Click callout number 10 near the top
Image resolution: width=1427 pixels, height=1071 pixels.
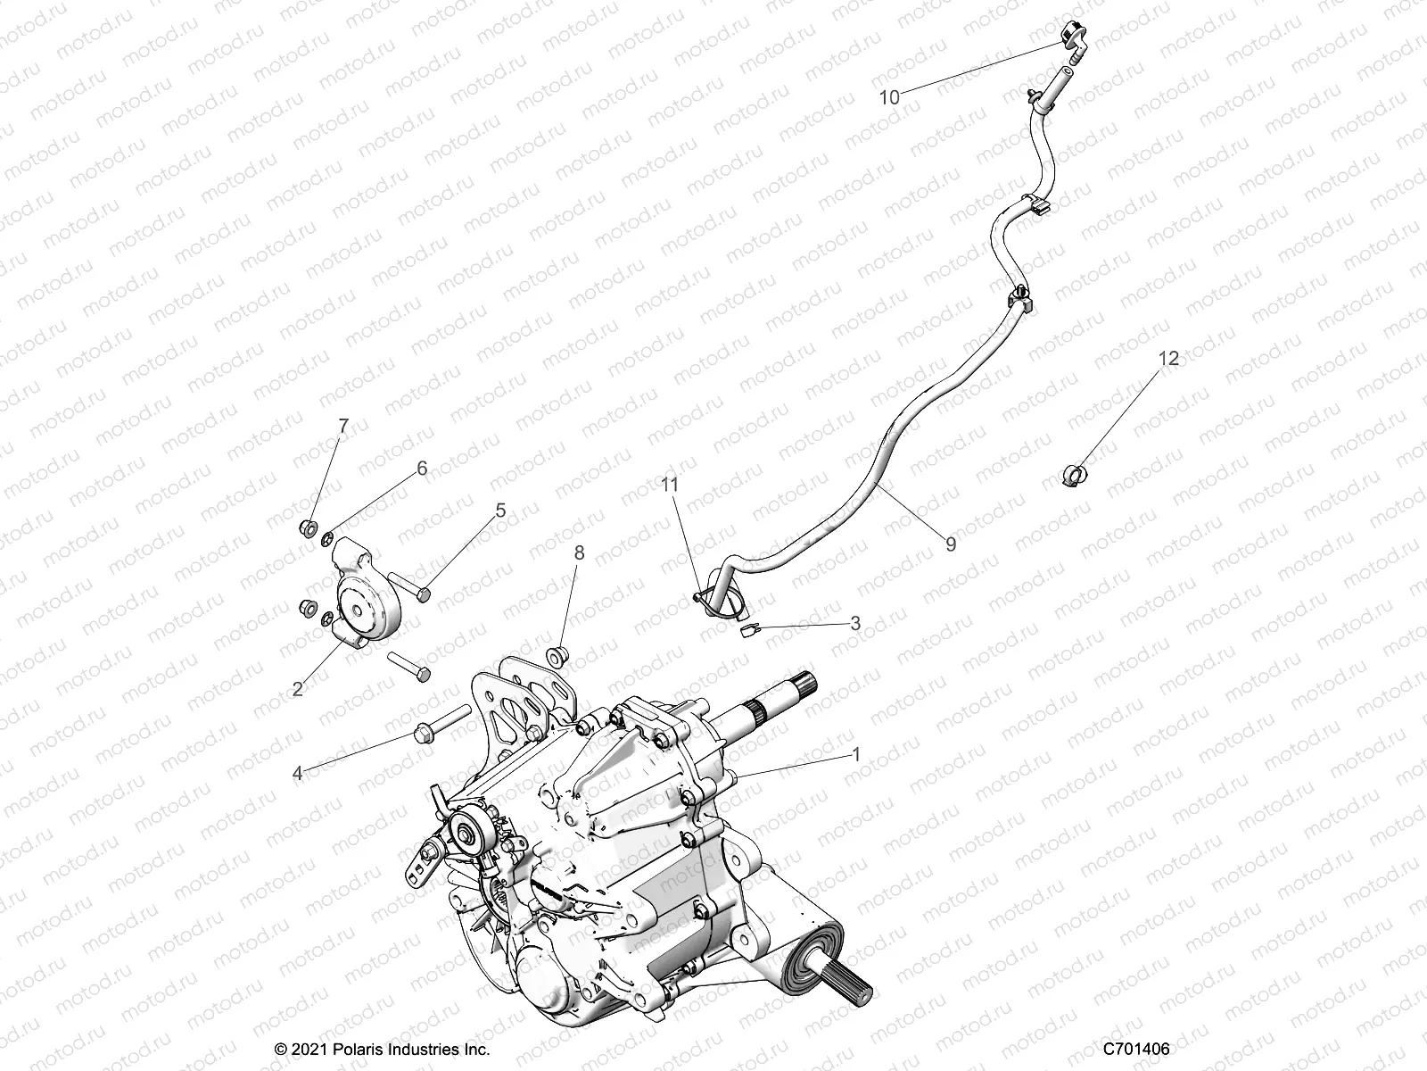pos(890,97)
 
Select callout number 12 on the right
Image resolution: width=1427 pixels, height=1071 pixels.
pos(1168,359)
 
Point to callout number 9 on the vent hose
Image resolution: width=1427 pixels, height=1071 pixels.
pos(951,543)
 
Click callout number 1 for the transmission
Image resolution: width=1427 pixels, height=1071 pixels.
pos(856,754)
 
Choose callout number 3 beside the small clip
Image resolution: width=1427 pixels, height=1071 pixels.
pos(855,623)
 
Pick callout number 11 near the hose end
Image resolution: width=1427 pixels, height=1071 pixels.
pos(670,485)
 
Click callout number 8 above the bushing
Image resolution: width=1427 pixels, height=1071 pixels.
pos(579,553)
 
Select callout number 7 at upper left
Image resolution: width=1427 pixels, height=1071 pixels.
pos(343,426)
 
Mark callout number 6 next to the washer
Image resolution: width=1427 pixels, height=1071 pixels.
pos(422,468)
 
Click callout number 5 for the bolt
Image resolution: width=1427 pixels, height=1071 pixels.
pos(500,510)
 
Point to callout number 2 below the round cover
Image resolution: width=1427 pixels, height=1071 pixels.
pos(298,688)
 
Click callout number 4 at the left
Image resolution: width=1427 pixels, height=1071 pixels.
pos(297,774)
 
